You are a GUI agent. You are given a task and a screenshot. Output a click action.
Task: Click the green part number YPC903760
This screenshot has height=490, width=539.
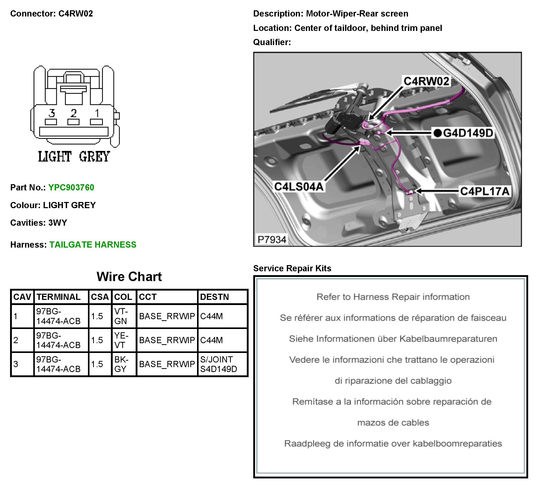[x=71, y=188]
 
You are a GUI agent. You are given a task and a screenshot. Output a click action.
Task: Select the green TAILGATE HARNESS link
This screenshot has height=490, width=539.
[x=93, y=244]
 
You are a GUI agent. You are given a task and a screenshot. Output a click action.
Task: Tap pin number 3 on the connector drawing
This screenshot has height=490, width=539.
[x=52, y=113]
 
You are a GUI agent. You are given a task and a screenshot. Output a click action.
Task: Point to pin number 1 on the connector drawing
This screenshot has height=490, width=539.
[x=97, y=113]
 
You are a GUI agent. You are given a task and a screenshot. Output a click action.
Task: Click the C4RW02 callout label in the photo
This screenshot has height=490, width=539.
[x=426, y=81]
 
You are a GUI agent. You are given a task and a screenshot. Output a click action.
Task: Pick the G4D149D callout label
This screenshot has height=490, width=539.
[x=468, y=133]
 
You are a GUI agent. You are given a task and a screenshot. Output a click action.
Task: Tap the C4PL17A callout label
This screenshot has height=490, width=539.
[x=485, y=191]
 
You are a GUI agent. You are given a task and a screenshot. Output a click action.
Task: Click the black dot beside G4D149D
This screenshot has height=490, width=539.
[x=437, y=133]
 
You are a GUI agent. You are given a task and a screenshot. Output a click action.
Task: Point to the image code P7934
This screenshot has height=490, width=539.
[x=272, y=240]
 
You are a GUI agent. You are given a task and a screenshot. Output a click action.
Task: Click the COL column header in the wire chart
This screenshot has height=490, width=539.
[x=123, y=297]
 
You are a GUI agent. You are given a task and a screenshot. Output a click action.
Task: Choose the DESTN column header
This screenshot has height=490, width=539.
[x=214, y=297]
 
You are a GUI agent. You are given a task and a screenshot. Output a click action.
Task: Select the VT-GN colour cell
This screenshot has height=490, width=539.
[x=121, y=316]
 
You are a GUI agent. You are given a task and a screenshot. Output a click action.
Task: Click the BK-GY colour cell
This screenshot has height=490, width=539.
[x=121, y=364]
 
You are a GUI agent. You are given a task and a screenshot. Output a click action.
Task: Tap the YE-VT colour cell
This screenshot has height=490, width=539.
[x=121, y=340]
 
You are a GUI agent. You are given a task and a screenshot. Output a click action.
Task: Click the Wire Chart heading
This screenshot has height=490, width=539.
[x=129, y=277]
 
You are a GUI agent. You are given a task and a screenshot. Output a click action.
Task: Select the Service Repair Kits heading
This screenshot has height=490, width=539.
[x=292, y=268]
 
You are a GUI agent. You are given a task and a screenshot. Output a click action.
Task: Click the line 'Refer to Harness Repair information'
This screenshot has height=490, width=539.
[x=393, y=297]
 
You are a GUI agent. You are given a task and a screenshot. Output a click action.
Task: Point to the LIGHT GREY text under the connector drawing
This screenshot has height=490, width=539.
[x=74, y=156]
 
